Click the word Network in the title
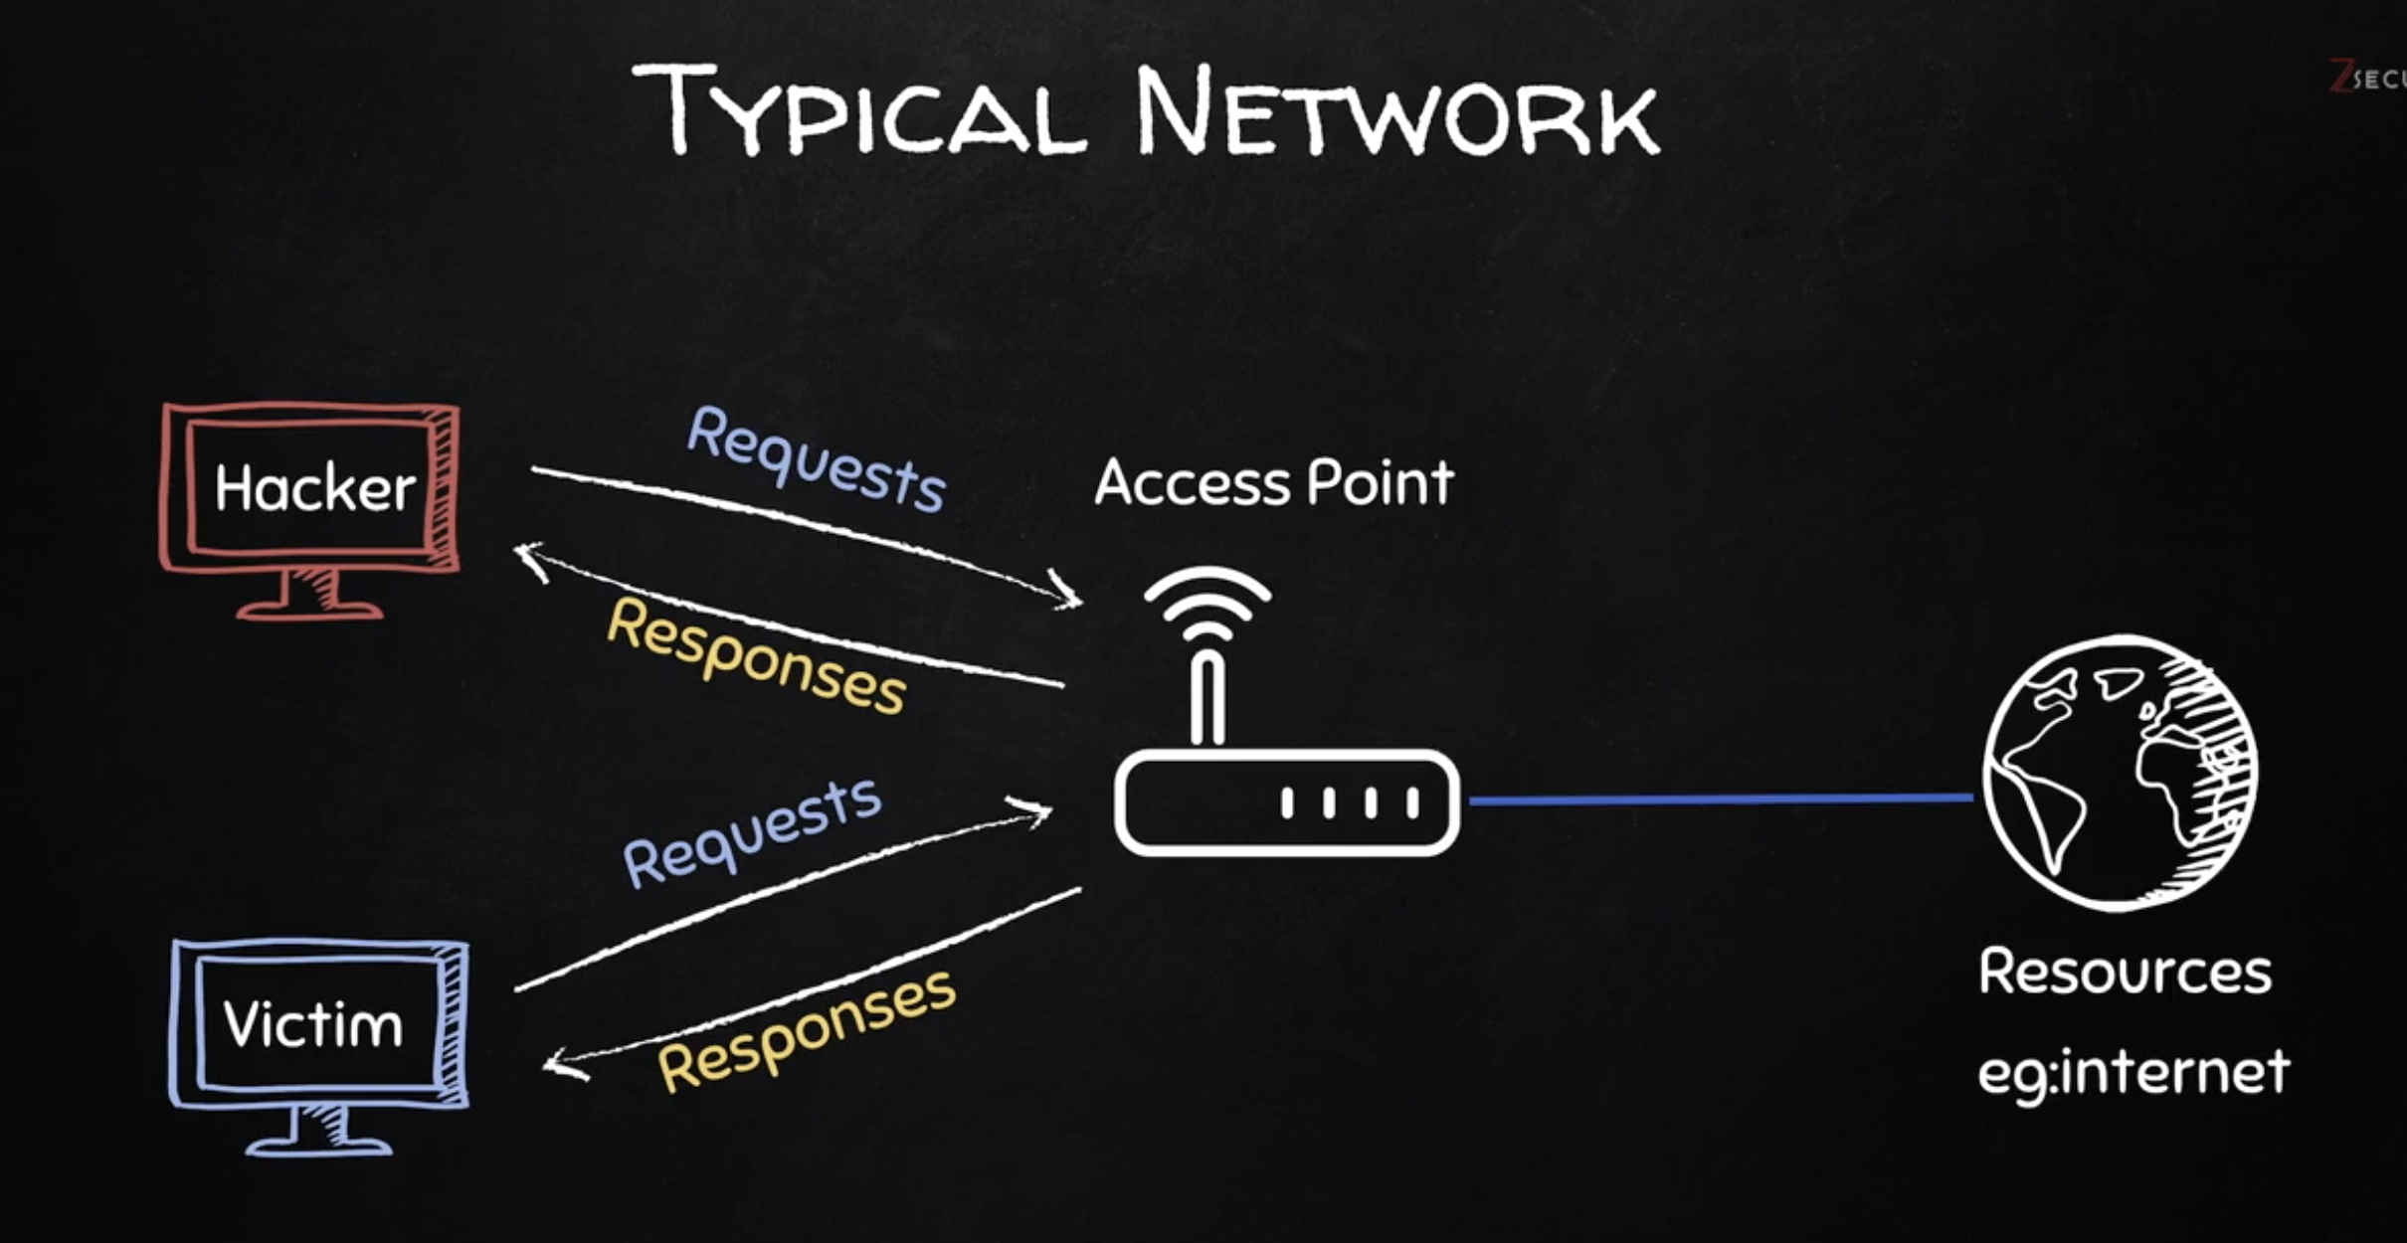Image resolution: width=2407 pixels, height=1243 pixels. click(x=1396, y=111)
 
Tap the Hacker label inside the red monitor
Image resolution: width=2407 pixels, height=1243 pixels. click(x=314, y=488)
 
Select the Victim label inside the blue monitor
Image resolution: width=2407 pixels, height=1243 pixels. click(x=313, y=1024)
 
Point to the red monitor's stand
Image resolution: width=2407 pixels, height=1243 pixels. click(x=310, y=597)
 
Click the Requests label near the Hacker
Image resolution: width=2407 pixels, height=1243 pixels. click(x=816, y=460)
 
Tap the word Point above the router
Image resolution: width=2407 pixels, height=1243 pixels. click(x=1380, y=484)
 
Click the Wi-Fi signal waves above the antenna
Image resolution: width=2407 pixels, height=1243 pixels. click(x=1207, y=603)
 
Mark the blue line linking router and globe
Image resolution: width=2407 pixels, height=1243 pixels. click(x=1721, y=799)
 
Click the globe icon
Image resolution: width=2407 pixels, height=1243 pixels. click(x=2120, y=773)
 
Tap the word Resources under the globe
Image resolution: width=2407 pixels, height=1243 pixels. click(x=2125, y=972)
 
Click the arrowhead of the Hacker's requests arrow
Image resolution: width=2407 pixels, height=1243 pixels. click(x=1070, y=594)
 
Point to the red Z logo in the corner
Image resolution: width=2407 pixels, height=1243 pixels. click(x=2341, y=76)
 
